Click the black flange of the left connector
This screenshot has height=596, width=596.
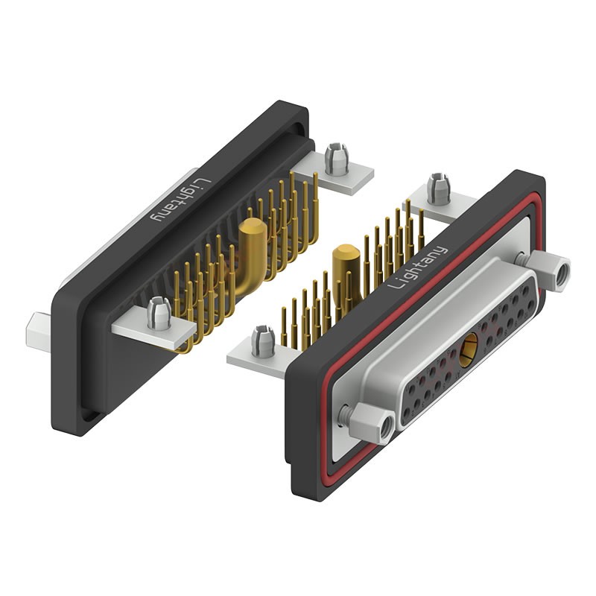coord(74,358)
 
